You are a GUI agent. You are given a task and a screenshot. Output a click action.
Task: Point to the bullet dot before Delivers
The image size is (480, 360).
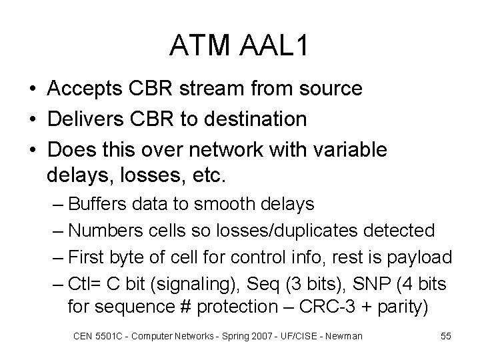[x=33, y=120]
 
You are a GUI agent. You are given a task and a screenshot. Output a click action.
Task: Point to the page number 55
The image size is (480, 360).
[x=445, y=336]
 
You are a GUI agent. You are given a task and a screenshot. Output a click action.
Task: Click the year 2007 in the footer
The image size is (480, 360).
[x=262, y=336]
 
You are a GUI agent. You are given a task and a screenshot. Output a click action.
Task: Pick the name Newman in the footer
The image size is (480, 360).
[x=344, y=336]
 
